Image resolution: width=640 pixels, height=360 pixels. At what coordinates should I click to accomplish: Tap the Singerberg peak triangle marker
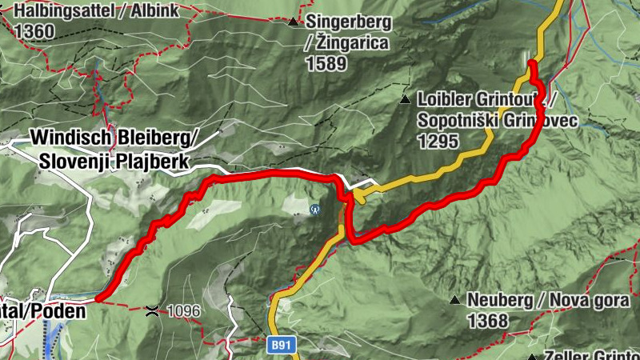(x=294, y=22)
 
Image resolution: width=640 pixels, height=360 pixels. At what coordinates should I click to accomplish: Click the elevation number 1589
(x=325, y=63)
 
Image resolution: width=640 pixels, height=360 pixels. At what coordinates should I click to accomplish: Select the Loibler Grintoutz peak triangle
(x=405, y=101)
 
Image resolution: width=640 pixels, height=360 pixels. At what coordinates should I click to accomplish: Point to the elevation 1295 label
(x=437, y=141)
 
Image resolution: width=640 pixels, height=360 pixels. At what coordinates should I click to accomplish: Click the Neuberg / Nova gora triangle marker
(x=454, y=301)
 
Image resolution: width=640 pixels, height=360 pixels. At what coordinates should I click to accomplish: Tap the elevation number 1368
(x=489, y=322)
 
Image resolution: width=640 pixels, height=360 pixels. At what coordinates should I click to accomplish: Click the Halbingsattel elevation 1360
(x=34, y=31)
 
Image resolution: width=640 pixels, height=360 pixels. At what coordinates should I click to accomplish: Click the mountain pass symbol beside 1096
(x=152, y=309)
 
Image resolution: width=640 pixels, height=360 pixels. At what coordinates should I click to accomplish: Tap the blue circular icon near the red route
(x=315, y=210)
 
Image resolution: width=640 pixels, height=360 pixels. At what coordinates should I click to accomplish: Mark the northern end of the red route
(x=530, y=62)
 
